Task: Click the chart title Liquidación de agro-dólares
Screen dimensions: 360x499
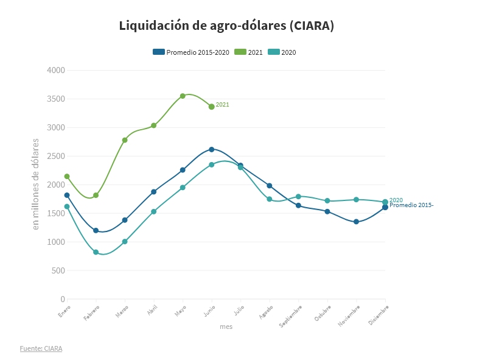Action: point(226,26)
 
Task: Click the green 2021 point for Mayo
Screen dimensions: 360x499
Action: point(183,96)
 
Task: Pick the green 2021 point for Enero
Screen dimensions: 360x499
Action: point(67,177)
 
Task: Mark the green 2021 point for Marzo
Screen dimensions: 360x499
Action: point(125,140)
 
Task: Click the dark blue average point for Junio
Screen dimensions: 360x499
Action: point(212,149)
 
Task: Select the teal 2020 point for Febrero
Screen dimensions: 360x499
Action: point(96,252)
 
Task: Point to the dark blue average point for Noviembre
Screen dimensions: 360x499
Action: point(356,222)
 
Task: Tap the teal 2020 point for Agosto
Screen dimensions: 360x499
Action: point(270,199)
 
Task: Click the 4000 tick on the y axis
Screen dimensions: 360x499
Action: point(56,71)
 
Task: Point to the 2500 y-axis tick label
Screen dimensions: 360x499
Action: point(56,157)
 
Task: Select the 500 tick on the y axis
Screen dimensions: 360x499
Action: point(58,271)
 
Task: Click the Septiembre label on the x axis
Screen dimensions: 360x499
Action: point(291,316)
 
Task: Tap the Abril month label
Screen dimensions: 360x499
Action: point(152,311)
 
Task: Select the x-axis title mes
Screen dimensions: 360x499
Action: point(226,327)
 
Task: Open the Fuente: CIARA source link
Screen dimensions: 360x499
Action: point(41,348)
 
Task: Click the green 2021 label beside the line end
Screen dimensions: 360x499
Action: point(223,105)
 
